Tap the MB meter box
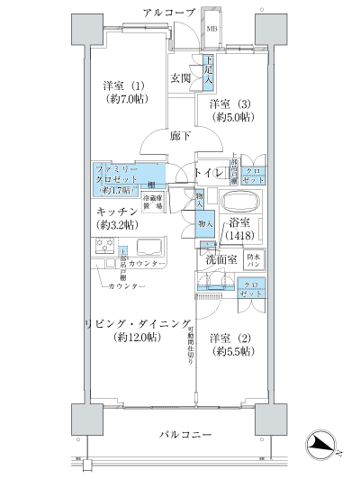(212, 30)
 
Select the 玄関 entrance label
(181, 77)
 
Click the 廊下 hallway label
(180, 136)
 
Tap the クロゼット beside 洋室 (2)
(251, 290)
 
